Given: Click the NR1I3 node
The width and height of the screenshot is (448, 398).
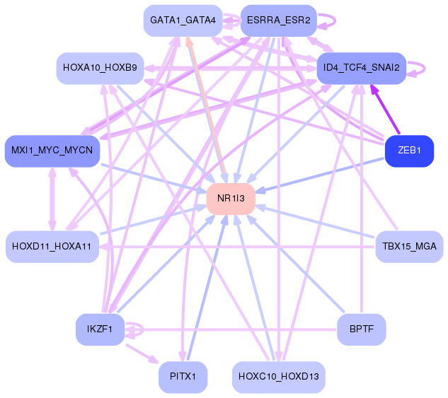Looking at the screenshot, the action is point(231,199).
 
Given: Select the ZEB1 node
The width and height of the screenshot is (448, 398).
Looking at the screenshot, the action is point(410,151).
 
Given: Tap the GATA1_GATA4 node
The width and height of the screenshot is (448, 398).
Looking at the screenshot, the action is point(183,21).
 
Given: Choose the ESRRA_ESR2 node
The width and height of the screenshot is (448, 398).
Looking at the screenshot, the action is point(279,21).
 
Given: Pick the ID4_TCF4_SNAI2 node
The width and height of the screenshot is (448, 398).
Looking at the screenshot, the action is point(362,68).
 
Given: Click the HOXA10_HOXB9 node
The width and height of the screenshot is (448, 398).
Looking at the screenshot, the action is point(100,68).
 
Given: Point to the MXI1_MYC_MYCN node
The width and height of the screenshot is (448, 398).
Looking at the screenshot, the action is point(52,151).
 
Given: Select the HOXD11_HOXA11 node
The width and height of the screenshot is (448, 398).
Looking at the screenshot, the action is point(52,247).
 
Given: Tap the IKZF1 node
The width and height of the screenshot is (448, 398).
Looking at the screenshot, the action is point(100,329).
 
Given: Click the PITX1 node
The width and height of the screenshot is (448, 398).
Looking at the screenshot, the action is point(183,377).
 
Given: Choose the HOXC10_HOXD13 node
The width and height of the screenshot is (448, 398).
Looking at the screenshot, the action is point(279,377).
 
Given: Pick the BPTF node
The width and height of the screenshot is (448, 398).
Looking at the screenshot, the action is point(362,329).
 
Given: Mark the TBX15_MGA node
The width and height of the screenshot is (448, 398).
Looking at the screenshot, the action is point(410,247).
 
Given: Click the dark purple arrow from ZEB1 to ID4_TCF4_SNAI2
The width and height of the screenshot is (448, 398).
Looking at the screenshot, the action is point(385,109).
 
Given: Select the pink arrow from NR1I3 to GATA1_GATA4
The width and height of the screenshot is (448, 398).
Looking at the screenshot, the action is point(206,105).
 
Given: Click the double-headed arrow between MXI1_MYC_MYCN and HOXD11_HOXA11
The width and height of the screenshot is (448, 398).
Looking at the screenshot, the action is point(52,199).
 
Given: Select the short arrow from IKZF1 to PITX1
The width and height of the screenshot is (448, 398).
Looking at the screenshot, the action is point(142,353).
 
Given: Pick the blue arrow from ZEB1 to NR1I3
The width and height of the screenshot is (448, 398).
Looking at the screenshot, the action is point(319,175).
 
